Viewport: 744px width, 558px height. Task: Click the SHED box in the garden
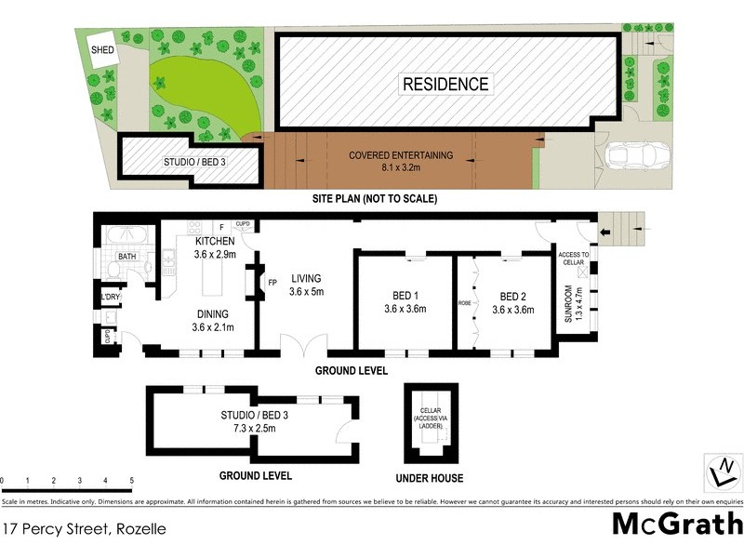[x=102, y=49]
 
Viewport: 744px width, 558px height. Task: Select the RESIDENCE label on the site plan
[x=445, y=84]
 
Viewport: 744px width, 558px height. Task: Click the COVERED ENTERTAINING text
[x=401, y=155]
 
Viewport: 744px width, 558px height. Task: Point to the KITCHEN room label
[x=215, y=242]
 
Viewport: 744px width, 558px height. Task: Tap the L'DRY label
[x=111, y=298]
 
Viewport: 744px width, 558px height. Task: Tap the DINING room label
[x=213, y=314]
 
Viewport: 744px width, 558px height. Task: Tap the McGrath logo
[x=676, y=523]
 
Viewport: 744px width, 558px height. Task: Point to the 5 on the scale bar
[x=132, y=480]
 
